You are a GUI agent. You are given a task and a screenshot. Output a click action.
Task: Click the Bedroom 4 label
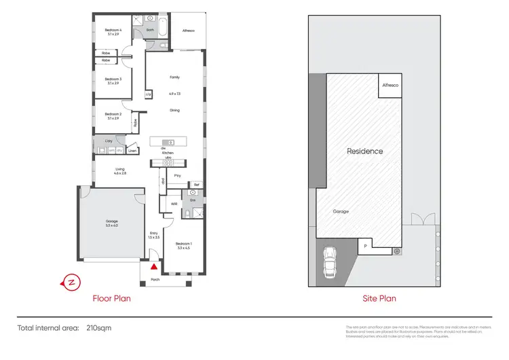click(113, 31)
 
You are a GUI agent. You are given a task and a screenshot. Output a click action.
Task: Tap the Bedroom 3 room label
click(113, 79)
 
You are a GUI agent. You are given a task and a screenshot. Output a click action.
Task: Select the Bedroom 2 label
click(113, 114)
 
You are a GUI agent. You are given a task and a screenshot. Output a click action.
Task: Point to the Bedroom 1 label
click(184, 244)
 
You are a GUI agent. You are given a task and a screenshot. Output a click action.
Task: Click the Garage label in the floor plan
click(111, 221)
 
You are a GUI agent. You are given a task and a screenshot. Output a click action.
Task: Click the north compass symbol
click(69, 281)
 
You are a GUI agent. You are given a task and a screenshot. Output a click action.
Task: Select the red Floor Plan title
click(111, 298)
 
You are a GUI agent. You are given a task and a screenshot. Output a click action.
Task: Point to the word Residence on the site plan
click(364, 151)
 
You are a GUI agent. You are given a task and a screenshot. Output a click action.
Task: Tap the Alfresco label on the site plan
click(390, 86)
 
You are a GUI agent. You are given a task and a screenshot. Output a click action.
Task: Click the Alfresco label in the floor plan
click(188, 31)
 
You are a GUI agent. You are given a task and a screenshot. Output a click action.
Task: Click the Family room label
click(174, 77)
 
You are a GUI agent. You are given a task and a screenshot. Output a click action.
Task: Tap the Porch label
click(155, 279)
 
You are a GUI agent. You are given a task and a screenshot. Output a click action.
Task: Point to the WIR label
click(174, 203)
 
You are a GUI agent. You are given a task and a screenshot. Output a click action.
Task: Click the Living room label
click(120, 169)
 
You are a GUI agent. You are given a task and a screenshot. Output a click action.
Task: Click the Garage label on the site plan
click(341, 211)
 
